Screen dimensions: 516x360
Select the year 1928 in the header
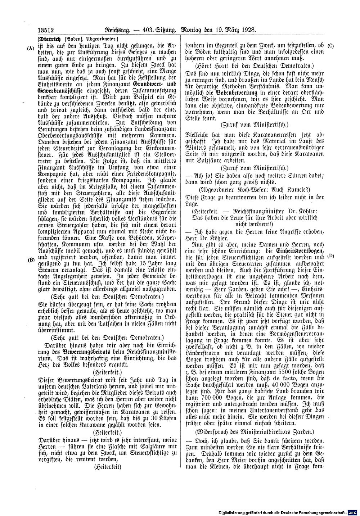(248, 30)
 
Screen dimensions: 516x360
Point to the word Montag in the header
(194, 30)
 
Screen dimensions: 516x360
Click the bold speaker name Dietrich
(50, 39)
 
